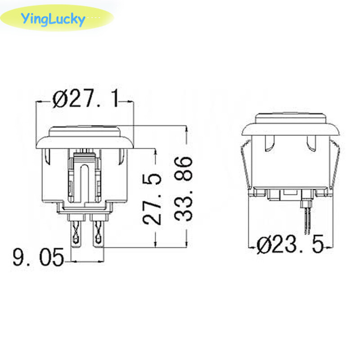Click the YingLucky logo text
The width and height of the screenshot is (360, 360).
point(52,19)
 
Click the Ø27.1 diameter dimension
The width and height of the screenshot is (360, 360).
point(85,99)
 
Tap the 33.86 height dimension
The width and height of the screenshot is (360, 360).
point(183,188)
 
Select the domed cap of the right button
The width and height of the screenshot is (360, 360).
point(291,118)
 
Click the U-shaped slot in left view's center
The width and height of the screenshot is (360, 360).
point(84,180)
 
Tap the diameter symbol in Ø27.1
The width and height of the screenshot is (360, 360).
point(60,99)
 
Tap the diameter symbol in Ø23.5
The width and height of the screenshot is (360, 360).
point(265,246)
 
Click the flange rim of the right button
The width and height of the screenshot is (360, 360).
point(291,130)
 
